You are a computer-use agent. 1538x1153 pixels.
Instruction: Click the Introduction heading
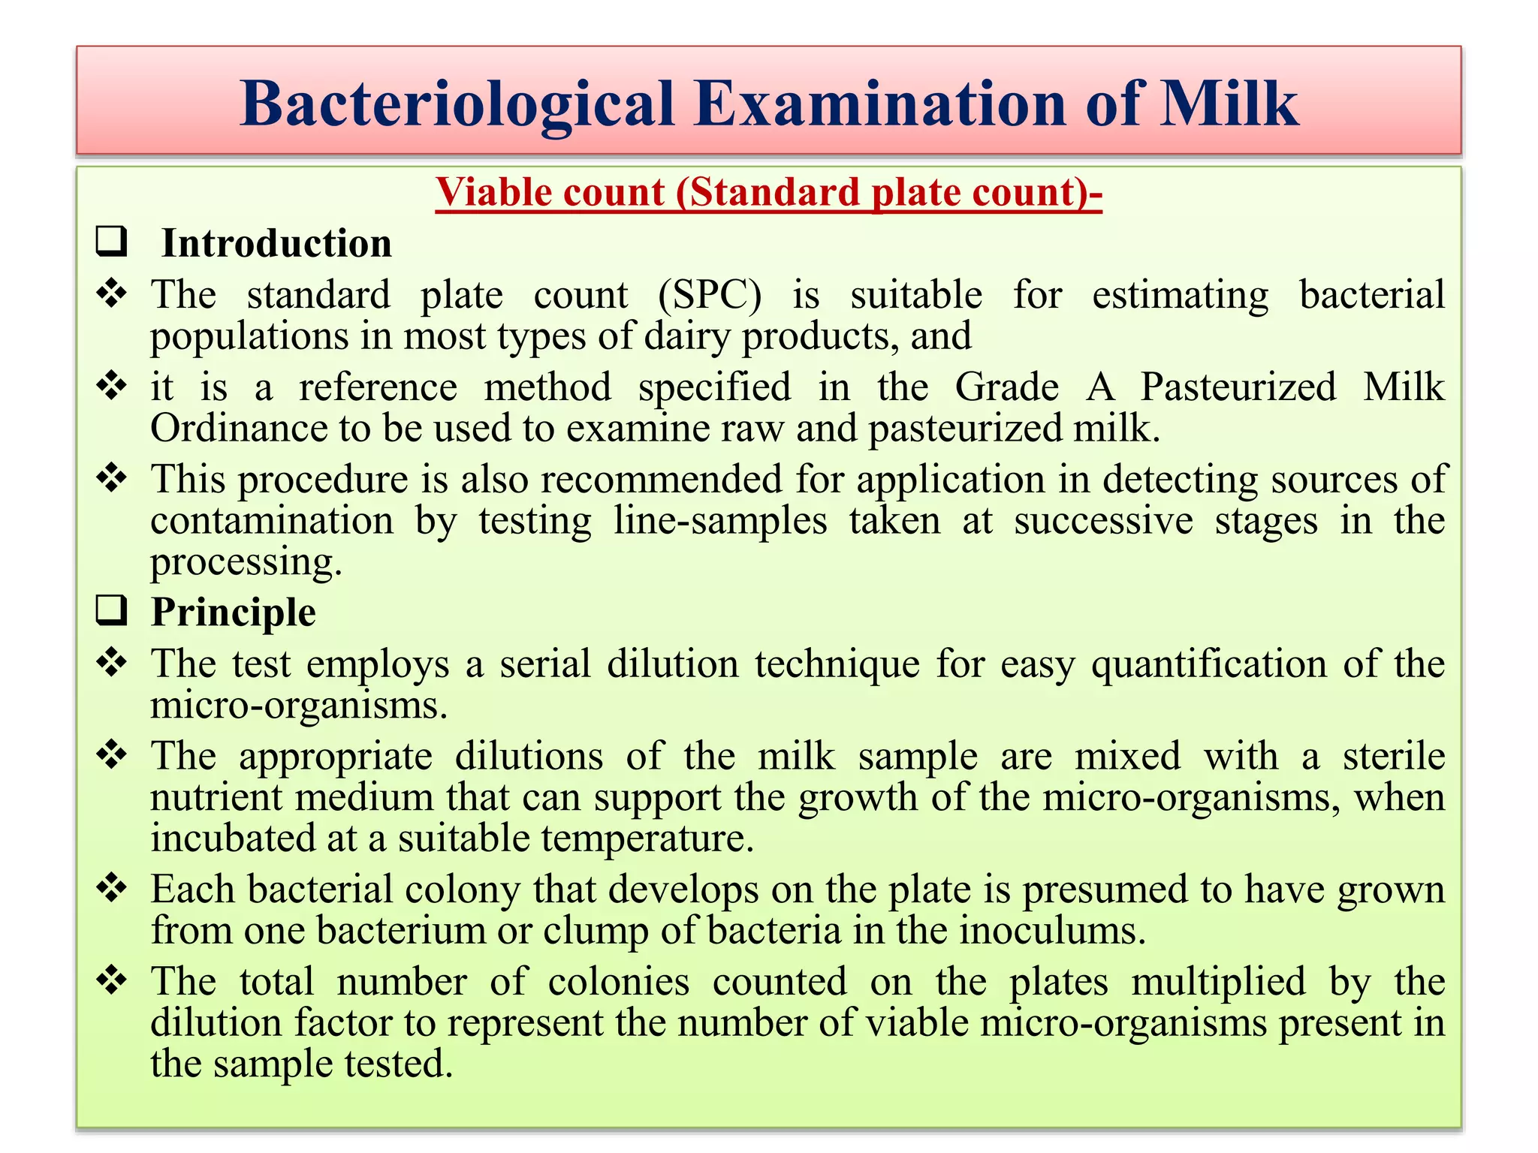(x=276, y=243)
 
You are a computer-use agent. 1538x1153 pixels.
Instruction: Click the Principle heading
(x=234, y=612)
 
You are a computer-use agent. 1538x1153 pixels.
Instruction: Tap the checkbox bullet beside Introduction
(x=111, y=242)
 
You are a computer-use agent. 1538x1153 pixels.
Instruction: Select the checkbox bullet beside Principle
(x=111, y=610)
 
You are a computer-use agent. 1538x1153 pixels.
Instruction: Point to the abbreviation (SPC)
(x=710, y=295)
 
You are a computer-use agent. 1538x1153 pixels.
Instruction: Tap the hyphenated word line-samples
(x=719, y=521)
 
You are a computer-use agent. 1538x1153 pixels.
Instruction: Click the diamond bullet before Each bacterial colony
(x=112, y=888)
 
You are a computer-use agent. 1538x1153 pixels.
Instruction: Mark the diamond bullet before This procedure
(x=112, y=478)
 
